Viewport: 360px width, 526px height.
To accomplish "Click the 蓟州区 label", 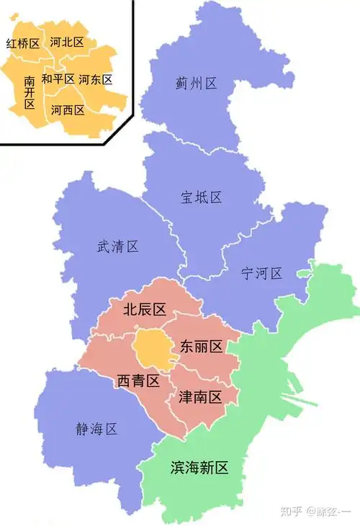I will [196, 84].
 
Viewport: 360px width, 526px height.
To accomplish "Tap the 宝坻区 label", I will [201, 197].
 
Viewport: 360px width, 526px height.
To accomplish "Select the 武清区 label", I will [117, 246].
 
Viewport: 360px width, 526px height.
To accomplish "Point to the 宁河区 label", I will [262, 274].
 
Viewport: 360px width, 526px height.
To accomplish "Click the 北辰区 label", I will [145, 310].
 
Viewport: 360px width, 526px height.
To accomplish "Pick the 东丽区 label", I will [201, 346].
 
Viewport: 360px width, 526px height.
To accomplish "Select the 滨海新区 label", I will [199, 468].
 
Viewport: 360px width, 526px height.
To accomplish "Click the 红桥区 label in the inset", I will [22, 44].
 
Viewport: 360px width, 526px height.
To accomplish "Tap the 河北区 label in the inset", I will [67, 42].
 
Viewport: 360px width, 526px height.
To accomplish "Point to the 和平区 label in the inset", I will [58, 79].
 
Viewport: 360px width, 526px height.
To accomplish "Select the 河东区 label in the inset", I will [95, 79].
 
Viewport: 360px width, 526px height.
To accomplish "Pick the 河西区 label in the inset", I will [68, 110].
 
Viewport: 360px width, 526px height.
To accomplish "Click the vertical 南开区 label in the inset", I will [29, 92].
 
